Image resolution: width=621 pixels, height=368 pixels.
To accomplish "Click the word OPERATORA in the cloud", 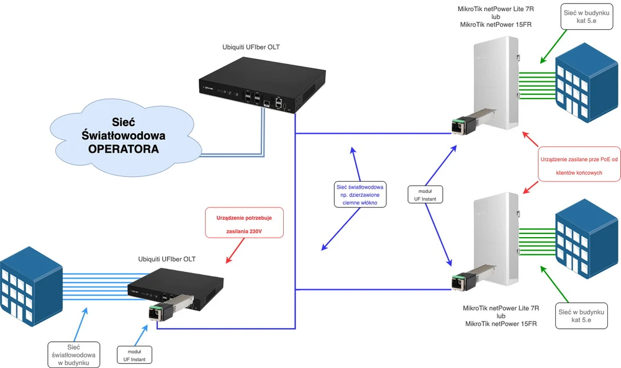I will pyautogui.click(x=123, y=150).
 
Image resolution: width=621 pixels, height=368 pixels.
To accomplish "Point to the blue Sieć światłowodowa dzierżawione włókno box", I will pyautogui.click(x=360, y=194).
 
